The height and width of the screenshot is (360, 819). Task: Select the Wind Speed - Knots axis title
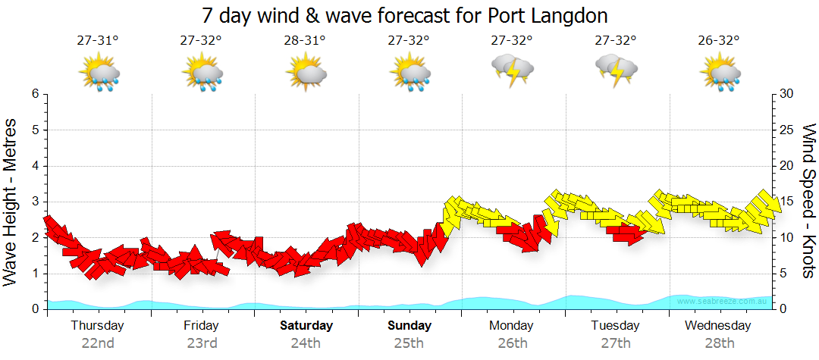coord(808,201)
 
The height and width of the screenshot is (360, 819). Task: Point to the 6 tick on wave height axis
coord(35,94)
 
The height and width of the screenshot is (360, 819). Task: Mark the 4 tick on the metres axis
coord(35,166)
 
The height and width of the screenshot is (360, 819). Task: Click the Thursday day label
coord(98,326)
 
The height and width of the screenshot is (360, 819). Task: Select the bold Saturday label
coord(306,326)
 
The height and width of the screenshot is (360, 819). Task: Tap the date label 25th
coord(409,343)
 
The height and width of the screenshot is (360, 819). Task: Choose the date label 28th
coord(718,343)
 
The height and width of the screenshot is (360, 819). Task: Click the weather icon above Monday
coord(513,71)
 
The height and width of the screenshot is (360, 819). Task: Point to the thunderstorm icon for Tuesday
coord(617,71)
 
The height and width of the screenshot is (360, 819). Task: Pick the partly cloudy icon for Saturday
coord(306,74)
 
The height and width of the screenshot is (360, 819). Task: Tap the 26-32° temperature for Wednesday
coord(719,41)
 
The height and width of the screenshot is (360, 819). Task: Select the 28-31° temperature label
coord(305,41)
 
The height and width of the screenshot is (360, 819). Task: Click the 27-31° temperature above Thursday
coord(98,41)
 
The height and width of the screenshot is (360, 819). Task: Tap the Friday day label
coord(201,326)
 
